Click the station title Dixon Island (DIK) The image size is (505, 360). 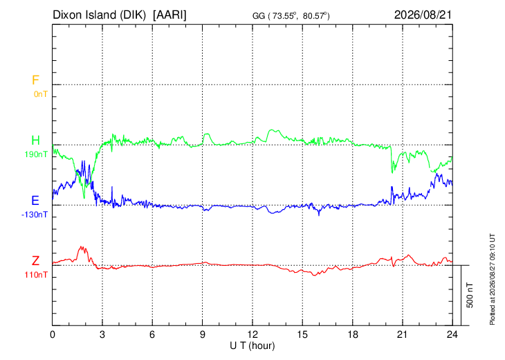click(99, 15)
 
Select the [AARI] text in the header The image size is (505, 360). click(169, 15)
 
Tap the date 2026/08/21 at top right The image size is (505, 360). click(423, 15)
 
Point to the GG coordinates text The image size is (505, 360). click(291, 16)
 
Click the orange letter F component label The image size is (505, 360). click(35, 80)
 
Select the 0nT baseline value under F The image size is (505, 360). click(41, 94)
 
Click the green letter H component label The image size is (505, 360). click(35, 141)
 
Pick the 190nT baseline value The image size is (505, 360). click(36, 154)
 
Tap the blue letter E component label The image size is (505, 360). click(35, 201)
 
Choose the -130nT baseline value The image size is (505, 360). click(35, 215)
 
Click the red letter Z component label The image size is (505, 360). click(35, 261)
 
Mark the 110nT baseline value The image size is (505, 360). click(36, 275)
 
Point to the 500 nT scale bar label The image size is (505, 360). click(470, 295)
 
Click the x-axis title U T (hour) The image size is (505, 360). click(252, 346)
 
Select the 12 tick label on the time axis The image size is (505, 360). click(252, 334)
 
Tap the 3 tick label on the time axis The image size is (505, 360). click(102, 334)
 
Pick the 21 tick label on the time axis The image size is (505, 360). click(403, 334)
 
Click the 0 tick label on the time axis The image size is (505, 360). click(53, 334)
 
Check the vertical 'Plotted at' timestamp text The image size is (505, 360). click(492, 280)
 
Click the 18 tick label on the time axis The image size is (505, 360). click(353, 334)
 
